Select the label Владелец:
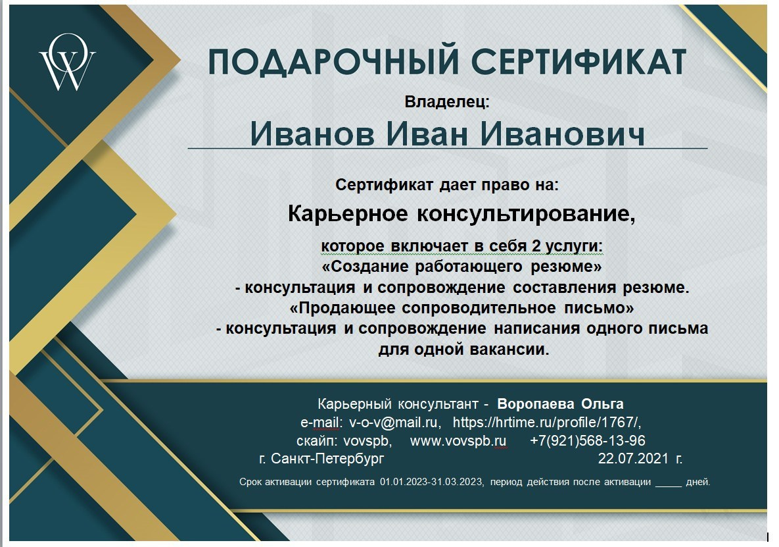(447, 102)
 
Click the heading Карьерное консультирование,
(462, 214)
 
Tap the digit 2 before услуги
(536, 246)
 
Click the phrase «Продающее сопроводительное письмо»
(462, 307)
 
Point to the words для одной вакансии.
(463, 349)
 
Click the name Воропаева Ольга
(560, 404)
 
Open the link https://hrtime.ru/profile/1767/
(547, 422)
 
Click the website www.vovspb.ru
(458, 440)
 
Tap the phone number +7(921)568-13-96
(588, 440)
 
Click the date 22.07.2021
(633, 458)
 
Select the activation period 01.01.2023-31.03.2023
(431, 482)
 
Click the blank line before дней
(669, 483)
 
